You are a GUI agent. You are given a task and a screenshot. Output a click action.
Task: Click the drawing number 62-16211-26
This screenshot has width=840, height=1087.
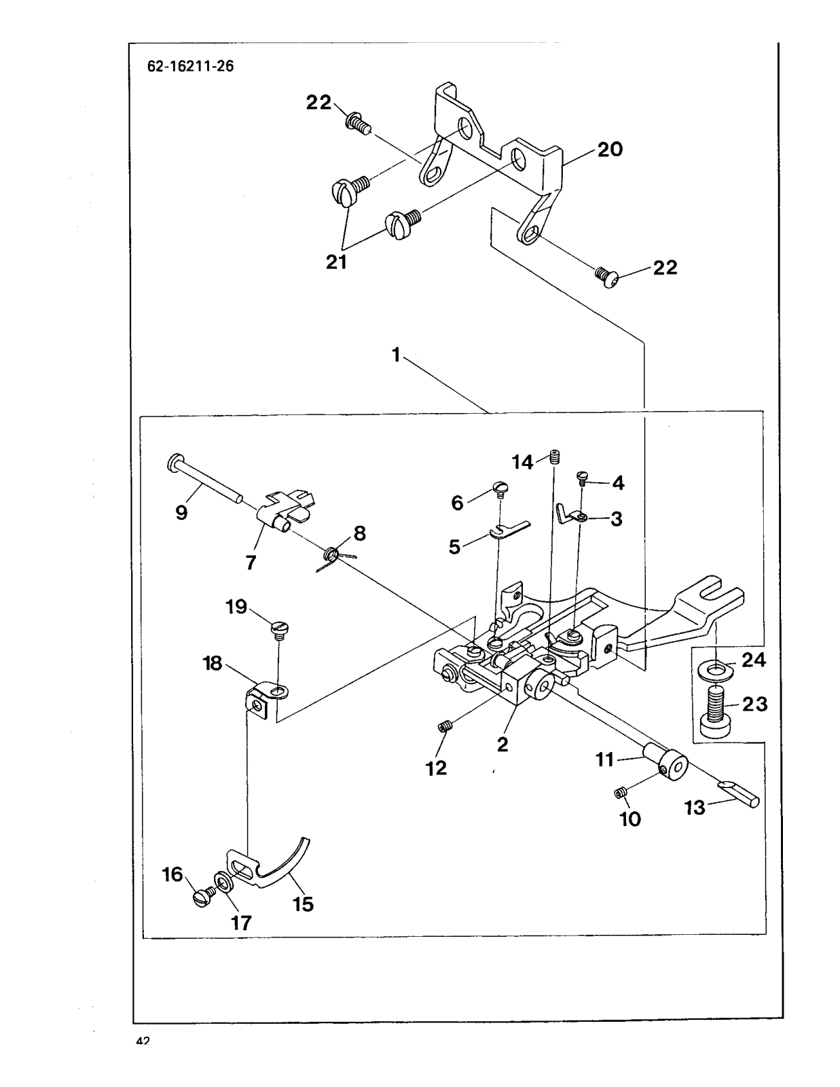pos(191,67)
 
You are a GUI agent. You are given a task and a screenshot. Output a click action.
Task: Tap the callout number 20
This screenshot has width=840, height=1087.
pos(609,149)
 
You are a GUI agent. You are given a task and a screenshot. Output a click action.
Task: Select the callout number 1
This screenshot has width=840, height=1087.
pos(396,354)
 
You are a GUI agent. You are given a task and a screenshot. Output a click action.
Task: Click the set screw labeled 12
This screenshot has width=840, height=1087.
pos(445,728)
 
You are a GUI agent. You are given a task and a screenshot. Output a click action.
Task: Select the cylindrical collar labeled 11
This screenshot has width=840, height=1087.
pos(667,762)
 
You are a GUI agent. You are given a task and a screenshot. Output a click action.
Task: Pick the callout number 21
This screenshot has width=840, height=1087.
pos(336,262)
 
